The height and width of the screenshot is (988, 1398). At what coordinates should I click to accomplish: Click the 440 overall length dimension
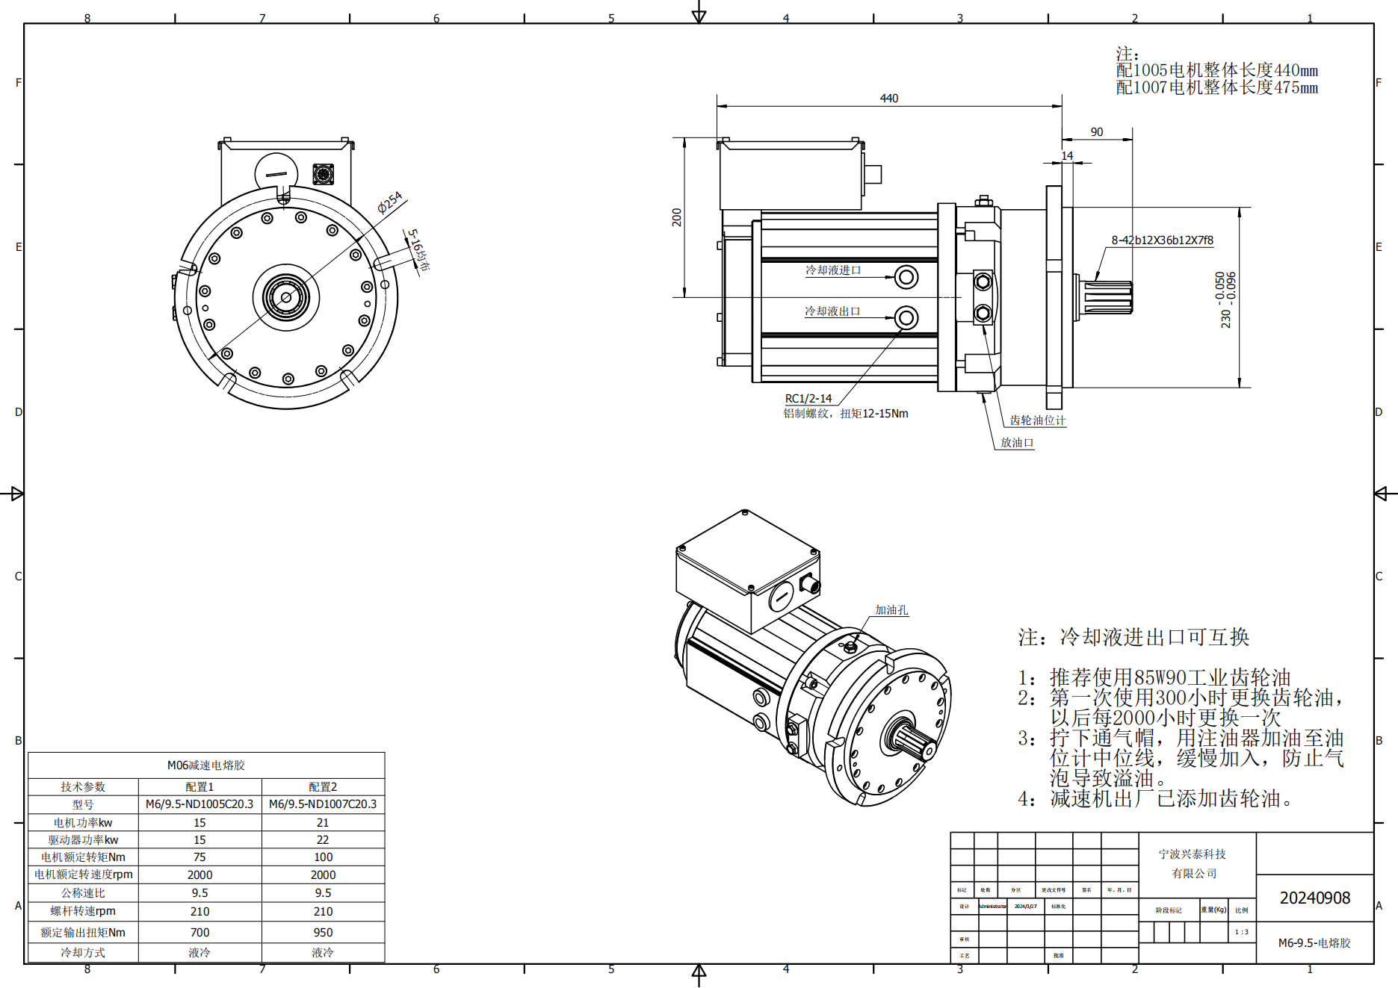point(888,99)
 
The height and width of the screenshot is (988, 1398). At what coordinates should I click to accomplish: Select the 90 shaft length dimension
point(1096,132)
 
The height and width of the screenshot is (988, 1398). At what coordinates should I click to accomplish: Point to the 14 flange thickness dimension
point(1067,155)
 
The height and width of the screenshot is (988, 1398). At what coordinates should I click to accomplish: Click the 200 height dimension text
point(677,217)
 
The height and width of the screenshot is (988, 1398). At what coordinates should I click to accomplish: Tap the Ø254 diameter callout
point(390,202)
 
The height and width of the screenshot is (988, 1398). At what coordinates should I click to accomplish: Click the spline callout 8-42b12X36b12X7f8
point(1162,240)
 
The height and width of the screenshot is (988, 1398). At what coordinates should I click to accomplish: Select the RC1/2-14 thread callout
point(808,399)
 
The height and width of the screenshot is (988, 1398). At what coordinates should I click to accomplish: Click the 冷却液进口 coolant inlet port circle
point(906,278)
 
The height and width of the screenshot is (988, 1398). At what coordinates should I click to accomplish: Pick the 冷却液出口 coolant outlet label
point(832,311)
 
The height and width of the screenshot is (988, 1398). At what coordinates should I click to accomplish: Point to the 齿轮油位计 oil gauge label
point(1037,420)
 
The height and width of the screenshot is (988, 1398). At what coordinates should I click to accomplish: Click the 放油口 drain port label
point(1017,443)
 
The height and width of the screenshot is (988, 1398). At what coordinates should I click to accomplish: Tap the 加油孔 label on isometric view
point(891,610)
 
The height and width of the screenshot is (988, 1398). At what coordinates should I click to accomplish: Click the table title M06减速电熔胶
point(206,765)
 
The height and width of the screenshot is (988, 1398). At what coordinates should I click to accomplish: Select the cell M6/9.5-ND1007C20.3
point(323,804)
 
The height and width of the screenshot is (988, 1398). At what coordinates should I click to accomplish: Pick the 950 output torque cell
point(323,933)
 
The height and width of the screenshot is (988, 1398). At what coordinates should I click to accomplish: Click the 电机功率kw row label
point(83,823)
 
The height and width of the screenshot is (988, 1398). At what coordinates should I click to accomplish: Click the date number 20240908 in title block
point(1314,898)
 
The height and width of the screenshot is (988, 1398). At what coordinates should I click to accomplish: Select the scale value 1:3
point(1241,932)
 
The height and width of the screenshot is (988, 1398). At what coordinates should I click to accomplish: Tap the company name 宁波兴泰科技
point(1192,854)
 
